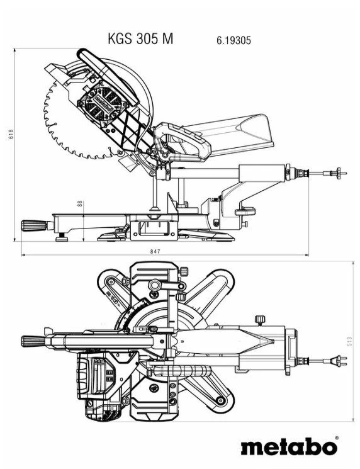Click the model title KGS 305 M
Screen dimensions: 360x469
pos(140,39)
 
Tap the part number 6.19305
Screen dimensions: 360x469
pos(234,40)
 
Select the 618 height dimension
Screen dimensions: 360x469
pos(11,135)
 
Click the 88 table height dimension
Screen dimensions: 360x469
pos(79,204)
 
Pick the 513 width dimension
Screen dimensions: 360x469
pos(349,341)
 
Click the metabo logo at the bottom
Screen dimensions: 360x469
pos(289,448)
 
